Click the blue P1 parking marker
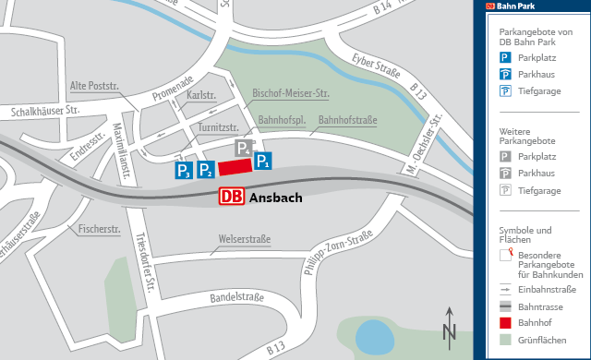263,162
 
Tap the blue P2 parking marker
205,170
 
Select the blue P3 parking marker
184,170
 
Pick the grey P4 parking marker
242,149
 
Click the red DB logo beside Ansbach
232,197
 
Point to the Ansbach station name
276,198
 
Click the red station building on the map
235,166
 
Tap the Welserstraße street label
244,240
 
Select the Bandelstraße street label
237,297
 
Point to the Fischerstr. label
101,228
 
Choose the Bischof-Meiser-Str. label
291,94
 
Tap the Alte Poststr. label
95,86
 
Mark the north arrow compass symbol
449,326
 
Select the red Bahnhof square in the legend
505,323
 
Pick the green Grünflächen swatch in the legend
505,341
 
